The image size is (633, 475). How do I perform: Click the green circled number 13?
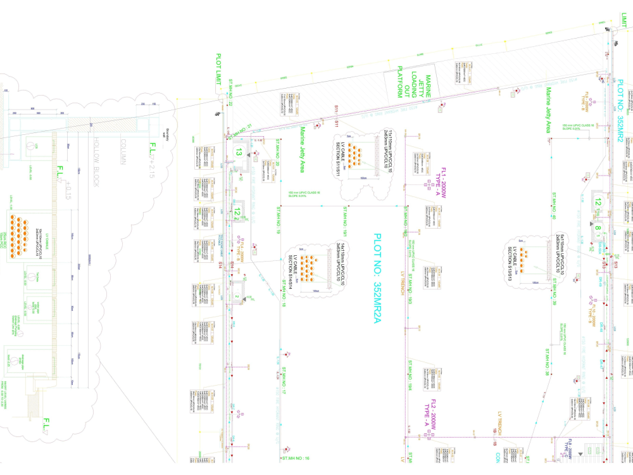239,152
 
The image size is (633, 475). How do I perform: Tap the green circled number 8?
597,230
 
